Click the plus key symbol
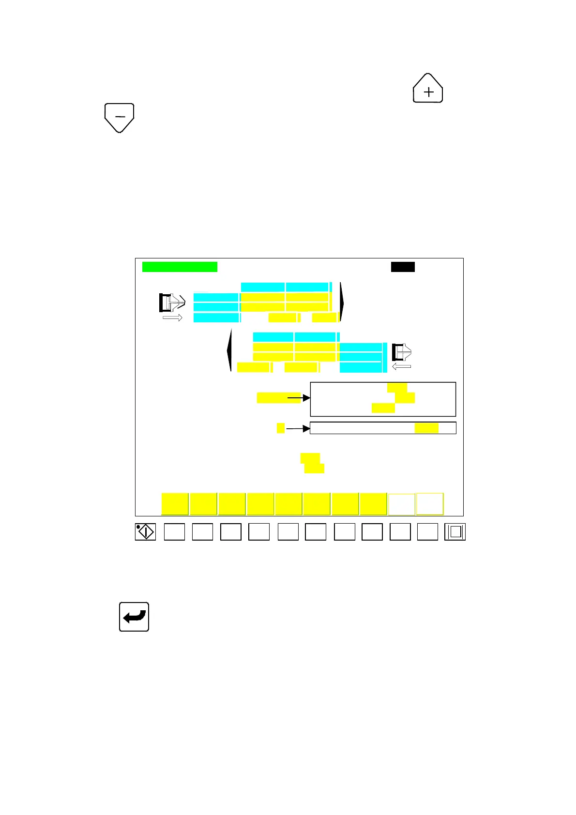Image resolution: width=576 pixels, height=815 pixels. pyautogui.click(x=428, y=89)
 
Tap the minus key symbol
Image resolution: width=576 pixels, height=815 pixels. pyautogui.click(x=120, y=117)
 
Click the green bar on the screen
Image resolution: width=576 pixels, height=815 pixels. pyautogui.click(x=180, y=267)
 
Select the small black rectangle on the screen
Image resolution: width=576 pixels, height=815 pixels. pyautogui.click(x=403, y=267)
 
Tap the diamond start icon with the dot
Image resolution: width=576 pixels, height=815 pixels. pyautogui.click(x=145, y=532)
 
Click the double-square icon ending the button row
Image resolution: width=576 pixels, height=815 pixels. pyautogui.click(x=455, y=532)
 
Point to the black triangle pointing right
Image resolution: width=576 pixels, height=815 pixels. pyautogui.click(x=342, y=302)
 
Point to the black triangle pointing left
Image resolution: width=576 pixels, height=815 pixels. pyautogui.click(x=229, y=350)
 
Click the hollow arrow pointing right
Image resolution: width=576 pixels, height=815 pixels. pyautogui.click(x=172, y=317)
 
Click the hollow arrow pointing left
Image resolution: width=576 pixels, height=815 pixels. pyautogui.click(x=401, y=366)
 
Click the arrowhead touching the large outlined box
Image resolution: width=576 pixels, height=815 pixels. pyautogui.click(x=306, y=398)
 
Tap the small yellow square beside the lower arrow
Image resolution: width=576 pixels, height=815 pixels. pyautogui.click(x=281, y=428)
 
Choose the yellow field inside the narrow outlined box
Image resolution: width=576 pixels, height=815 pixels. pyautogui.click(x=426, y=428)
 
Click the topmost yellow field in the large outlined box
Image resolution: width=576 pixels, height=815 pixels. pyautogui.click(x=397, y=387)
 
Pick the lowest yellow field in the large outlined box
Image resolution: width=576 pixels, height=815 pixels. pyautogui.click(x=383, y=408)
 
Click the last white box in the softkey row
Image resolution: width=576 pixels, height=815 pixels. pyautogui.click(x=430, y=504)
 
